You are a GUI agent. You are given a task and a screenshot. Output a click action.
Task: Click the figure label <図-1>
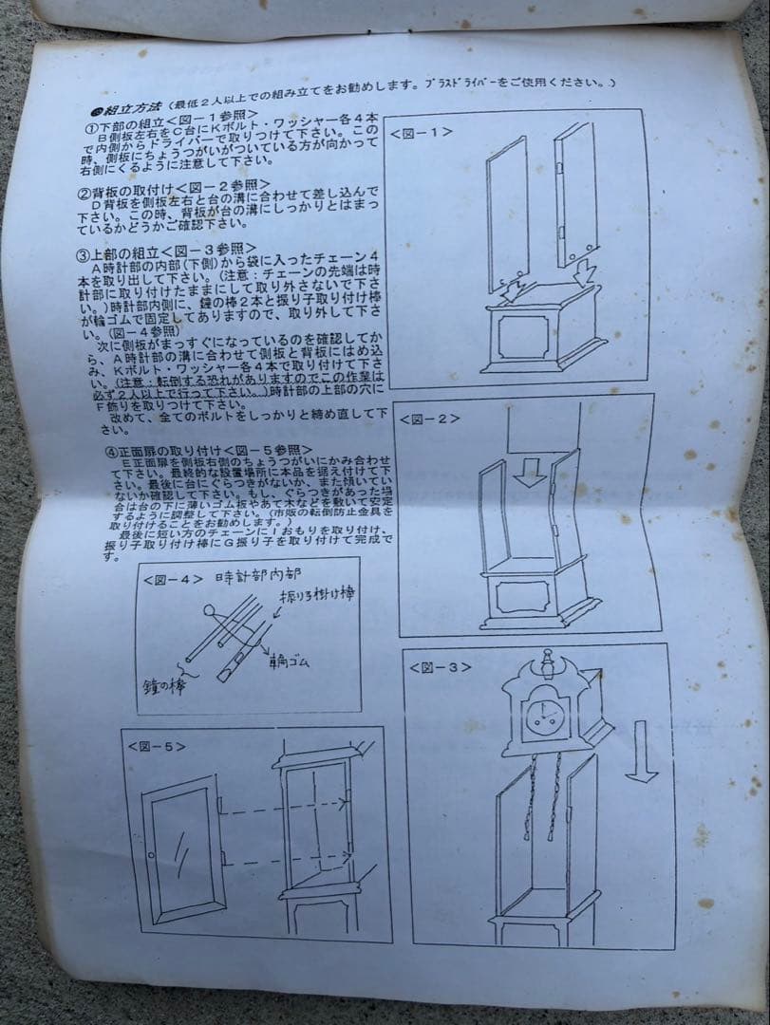click(420, 133)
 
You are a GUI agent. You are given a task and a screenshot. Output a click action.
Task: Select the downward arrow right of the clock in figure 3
click(642, 750)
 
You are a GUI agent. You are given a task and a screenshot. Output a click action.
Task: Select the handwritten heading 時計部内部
click(254, 577)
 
